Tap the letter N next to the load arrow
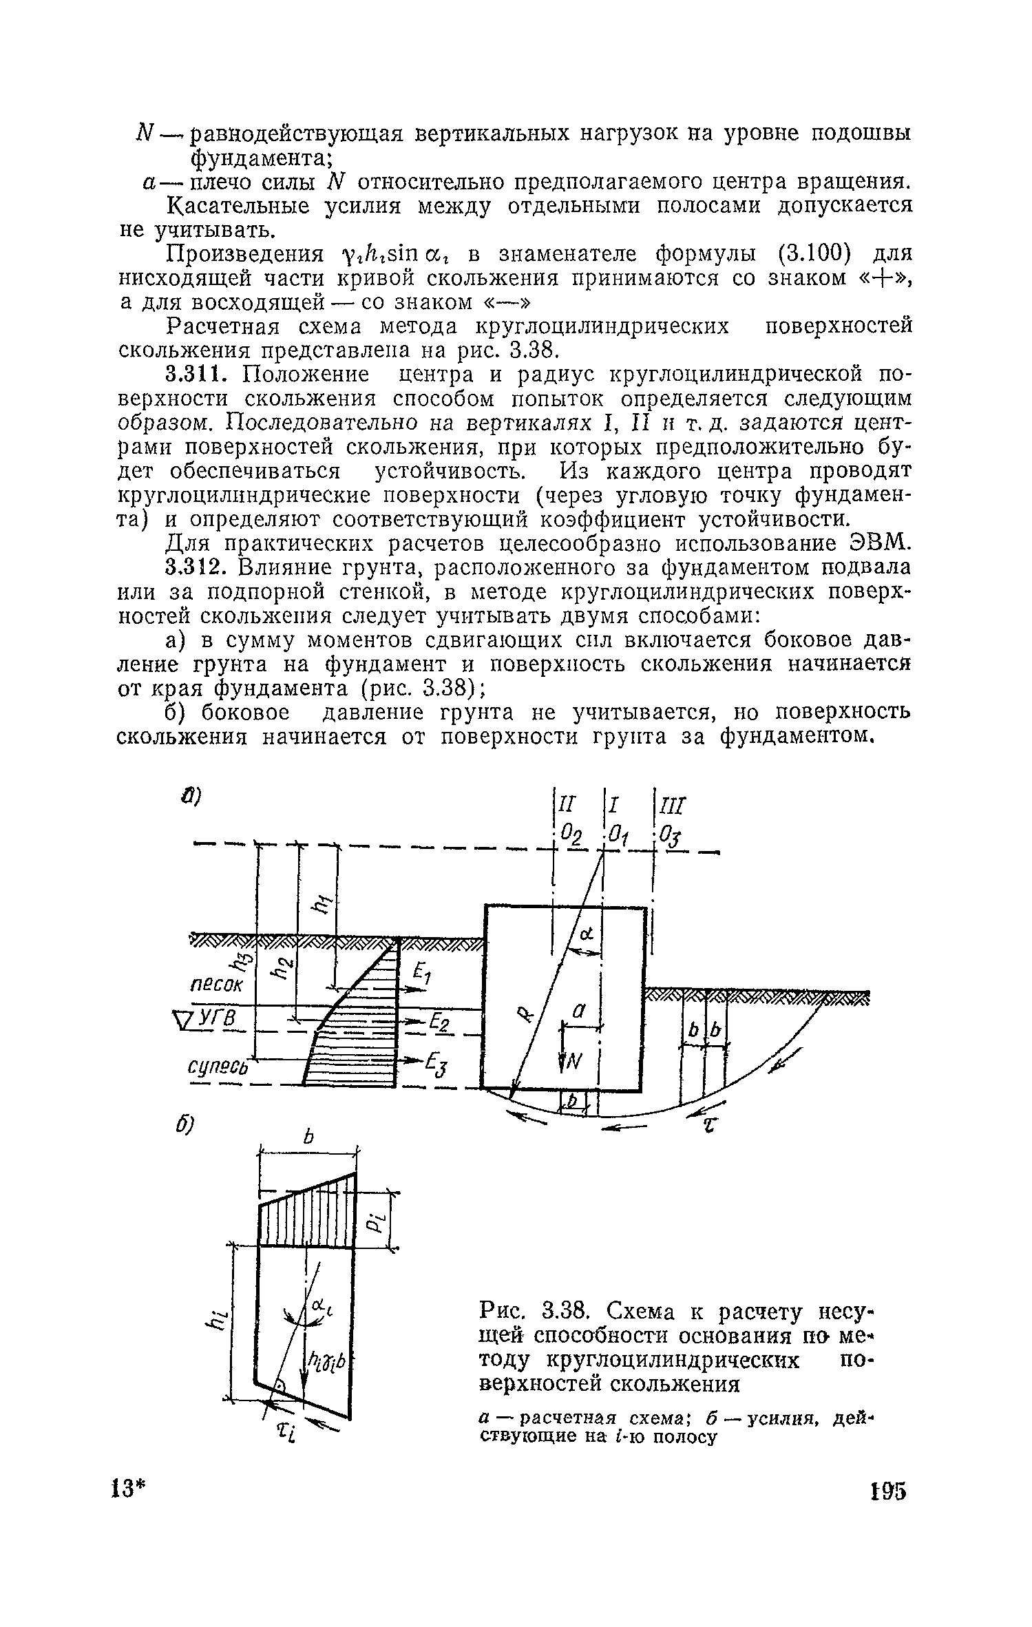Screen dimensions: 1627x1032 click(x=575, y=1064)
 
